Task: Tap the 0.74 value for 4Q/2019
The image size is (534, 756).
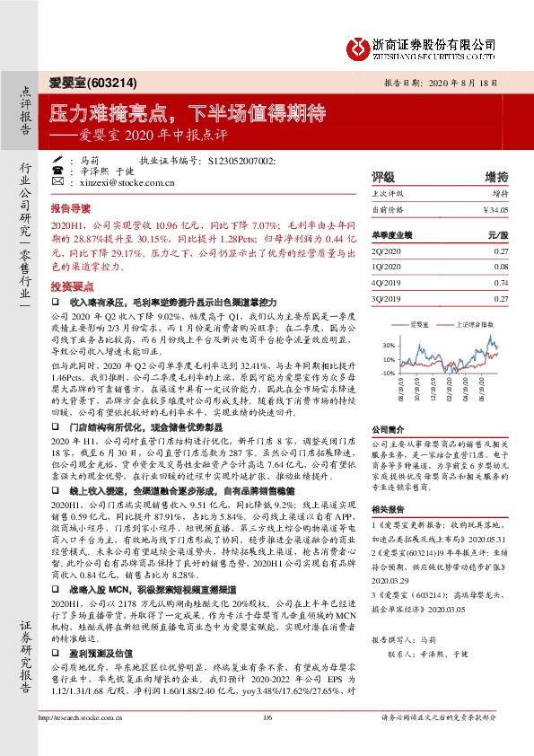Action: click(x=501, y=282)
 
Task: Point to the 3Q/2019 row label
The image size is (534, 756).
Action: click(x=388, y=297)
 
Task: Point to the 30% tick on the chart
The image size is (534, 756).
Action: click(x=388, y=345)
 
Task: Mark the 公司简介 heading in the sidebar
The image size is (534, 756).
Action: click(x=388, y=430)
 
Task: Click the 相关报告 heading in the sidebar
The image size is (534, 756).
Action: click(x=388, y=508)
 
